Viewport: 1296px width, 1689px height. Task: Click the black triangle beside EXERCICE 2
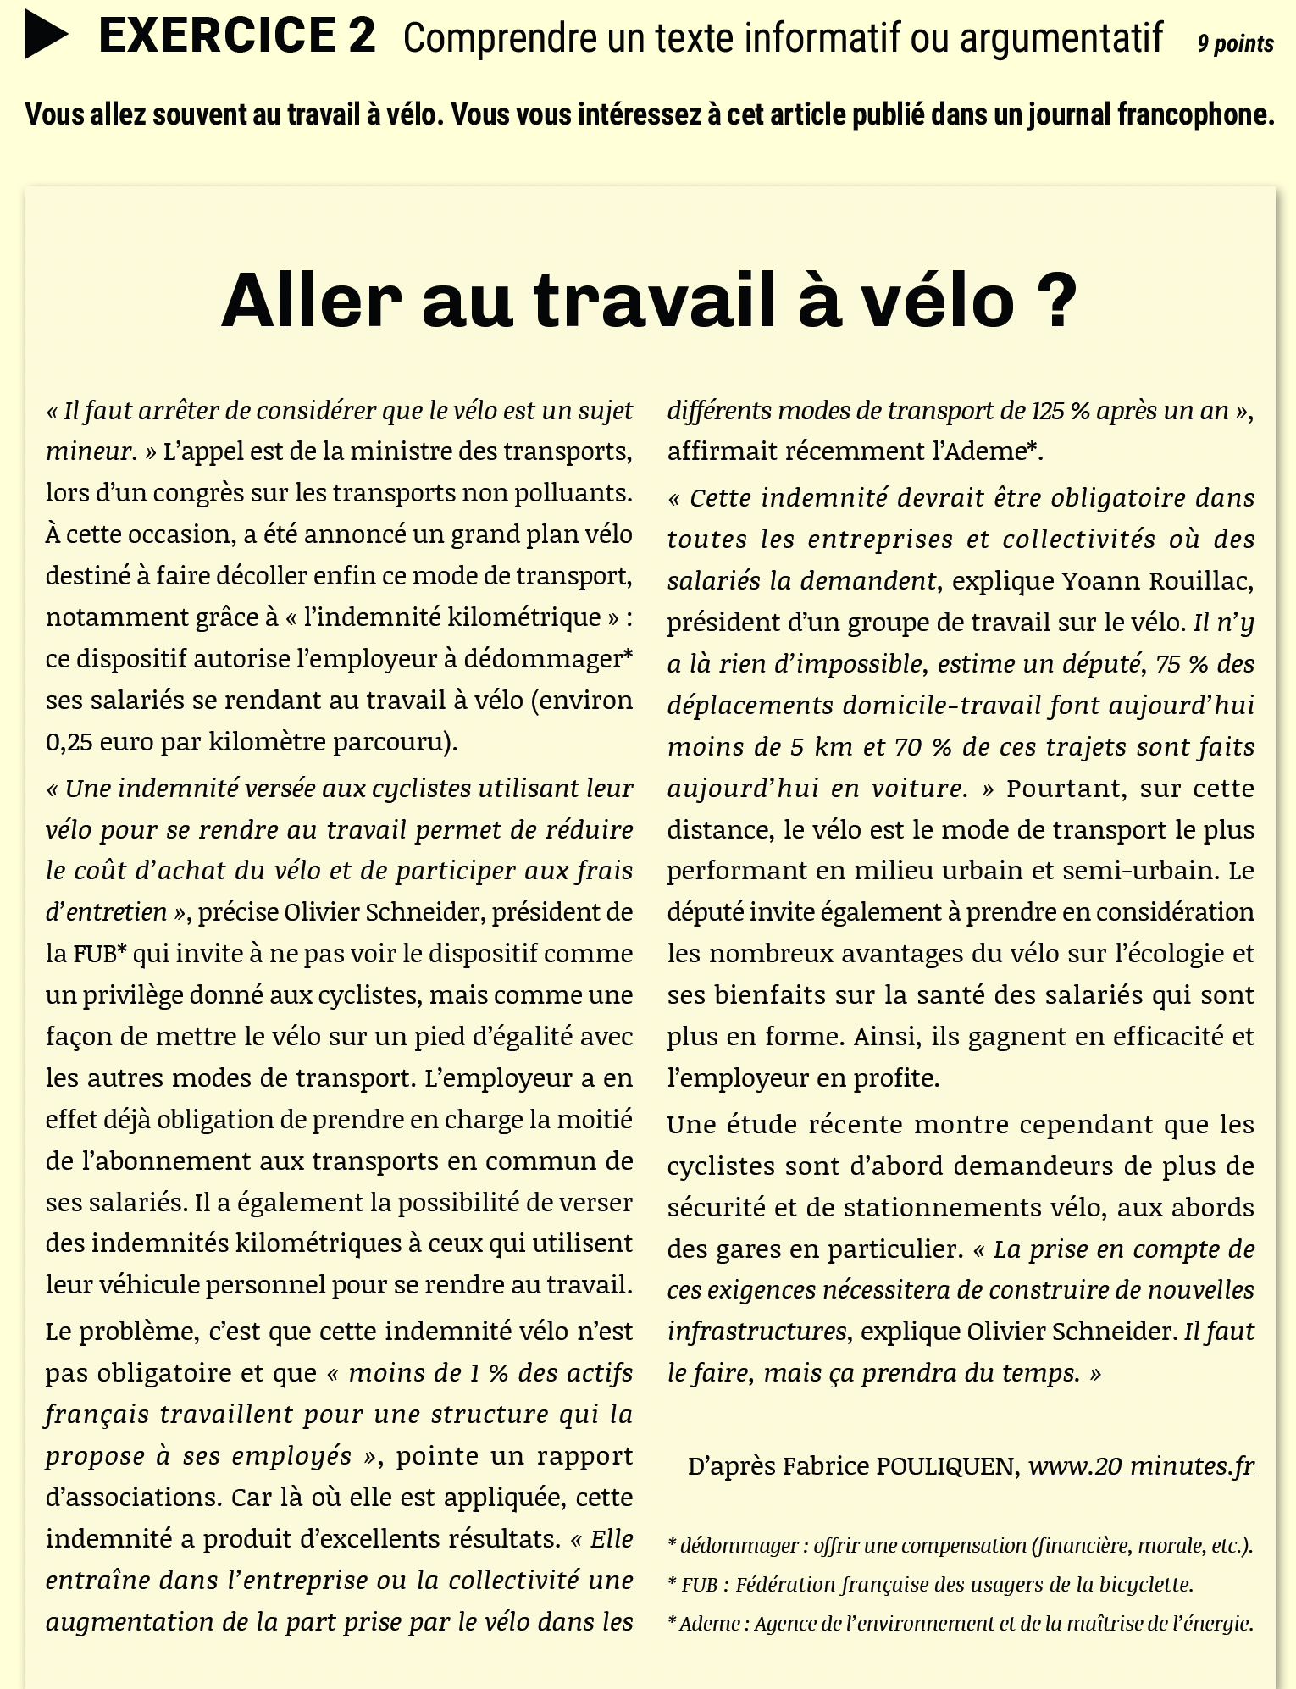tap(46, 36)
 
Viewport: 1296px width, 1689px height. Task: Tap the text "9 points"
tap(1235, 44)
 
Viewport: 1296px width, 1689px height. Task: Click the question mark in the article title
tap(1055, 301)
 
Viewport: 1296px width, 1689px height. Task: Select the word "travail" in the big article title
tap(655, 301)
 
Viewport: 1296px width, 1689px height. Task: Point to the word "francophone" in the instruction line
tap(1196, 114)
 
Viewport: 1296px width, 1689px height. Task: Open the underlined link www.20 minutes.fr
tap(1140, 1466)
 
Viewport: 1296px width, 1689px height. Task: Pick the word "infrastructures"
tap(756, 1332)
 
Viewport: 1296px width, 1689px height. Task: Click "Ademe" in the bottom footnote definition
tap(709, 1623)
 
